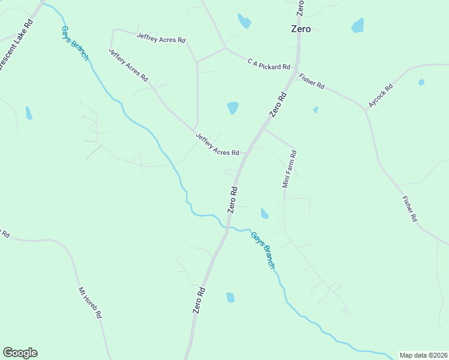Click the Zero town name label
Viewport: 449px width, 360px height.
click(x=300, y=29)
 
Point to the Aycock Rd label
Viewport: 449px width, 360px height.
click(x=381, y=95)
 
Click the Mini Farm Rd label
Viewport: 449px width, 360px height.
click(x=290, y=169)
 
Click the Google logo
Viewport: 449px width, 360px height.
click(x=20, y=353)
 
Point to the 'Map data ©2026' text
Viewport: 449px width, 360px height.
click(x=423, y=355)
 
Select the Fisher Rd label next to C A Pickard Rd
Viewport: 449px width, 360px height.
click(x=312, y=82)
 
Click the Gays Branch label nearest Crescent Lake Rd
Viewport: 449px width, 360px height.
click(x=75, y=43)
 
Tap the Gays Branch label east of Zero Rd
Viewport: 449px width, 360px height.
click(x=264, y=250)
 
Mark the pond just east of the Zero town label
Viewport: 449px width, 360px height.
click(x=358, y=25)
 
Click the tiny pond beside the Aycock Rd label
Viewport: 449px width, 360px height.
click(x=421, y=82)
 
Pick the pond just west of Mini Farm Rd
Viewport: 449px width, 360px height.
click(x=264, y=213)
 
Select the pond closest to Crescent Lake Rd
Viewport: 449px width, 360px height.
click(x=29, y=113)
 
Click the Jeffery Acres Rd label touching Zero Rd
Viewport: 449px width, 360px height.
click(x=217, y=145)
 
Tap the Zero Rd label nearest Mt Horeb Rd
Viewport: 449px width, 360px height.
click(x=199, y=301)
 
